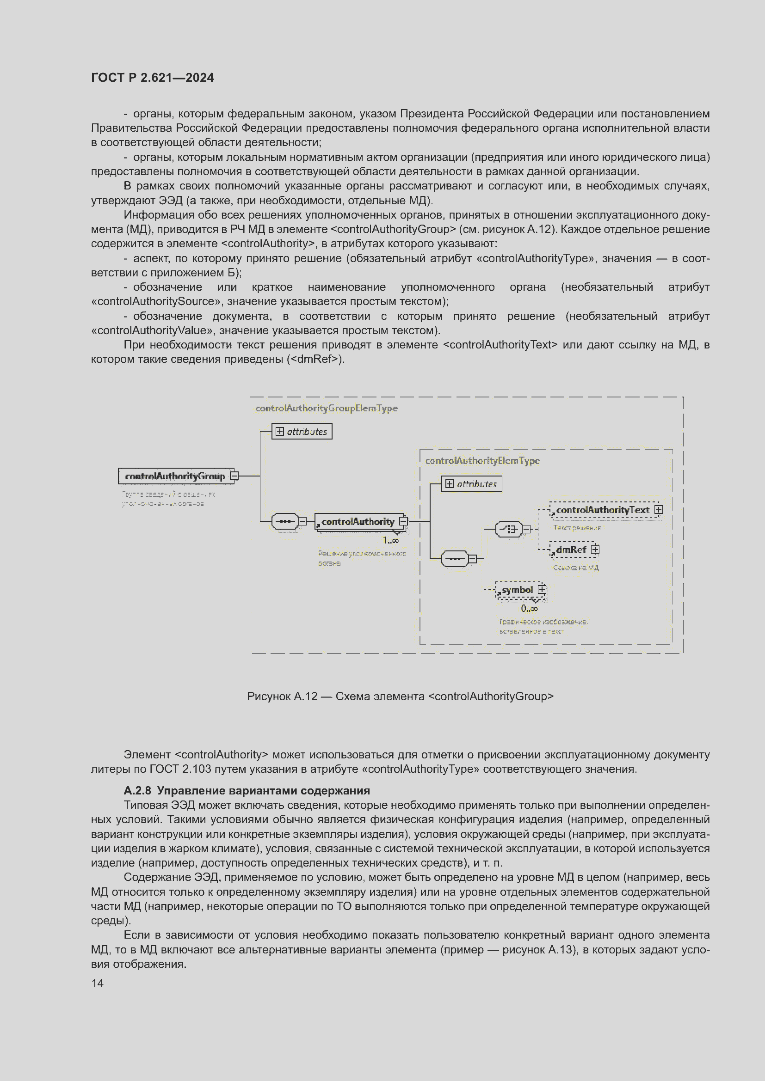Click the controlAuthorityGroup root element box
175,476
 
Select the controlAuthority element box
358,521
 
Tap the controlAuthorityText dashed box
603,510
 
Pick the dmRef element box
571,550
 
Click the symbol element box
517,589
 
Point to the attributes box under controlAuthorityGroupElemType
302,431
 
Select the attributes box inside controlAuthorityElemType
471,483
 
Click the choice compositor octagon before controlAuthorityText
509,529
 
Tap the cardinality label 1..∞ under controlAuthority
390,541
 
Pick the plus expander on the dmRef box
595,550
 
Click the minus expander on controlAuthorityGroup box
234,476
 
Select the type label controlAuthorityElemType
482,460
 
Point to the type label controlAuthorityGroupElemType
326,408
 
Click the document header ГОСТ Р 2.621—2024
152,78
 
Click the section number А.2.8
137,790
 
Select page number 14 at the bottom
98,983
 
